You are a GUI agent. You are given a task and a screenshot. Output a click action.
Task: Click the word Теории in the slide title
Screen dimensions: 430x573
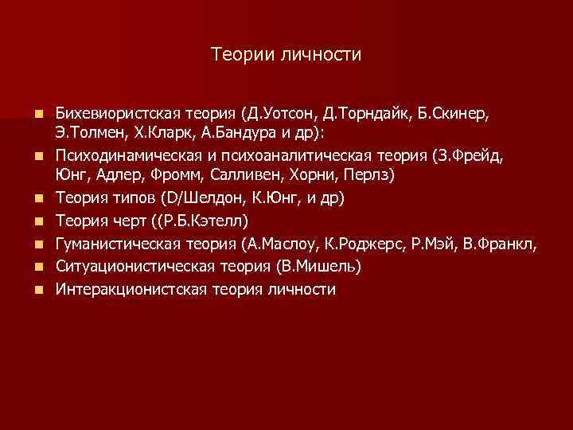pos(239,54)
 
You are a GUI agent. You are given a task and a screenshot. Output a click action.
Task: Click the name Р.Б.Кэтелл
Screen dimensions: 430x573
pos(202,219)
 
